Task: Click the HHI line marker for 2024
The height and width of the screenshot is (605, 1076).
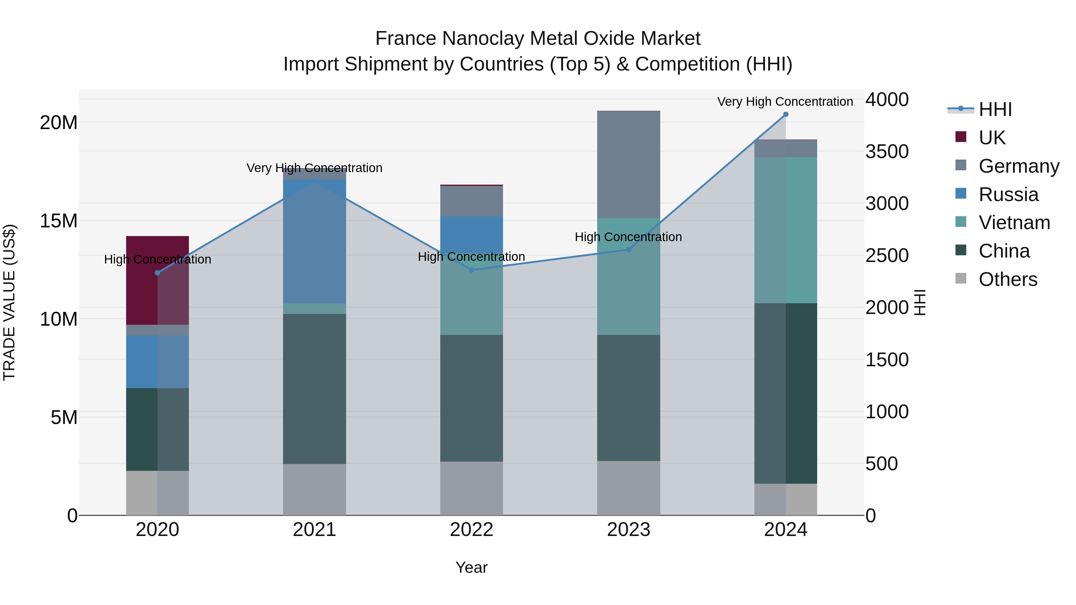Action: pyautogui.click(x=785, y=114)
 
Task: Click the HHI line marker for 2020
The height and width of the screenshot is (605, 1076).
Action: pyautogui.click(x=158, y=273)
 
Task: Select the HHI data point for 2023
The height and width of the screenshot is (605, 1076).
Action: pyautogui.click(x=628, y=250)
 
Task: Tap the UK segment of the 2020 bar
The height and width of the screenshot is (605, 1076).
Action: pyautogui.click(x=158, y=280)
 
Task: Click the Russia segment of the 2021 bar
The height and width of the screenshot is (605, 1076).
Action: pyautogui.click(x=314, y=242)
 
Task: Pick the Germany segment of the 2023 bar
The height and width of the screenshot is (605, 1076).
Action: pyautogui.click(x=628, y=165)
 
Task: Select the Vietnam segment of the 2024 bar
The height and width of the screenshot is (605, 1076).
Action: pyautogui.click(x=785, y=230)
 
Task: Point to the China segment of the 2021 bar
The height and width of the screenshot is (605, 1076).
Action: pyautogui.click(x=314, y=388)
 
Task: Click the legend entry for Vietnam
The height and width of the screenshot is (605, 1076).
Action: pyautogui.click(x=1014, y=223)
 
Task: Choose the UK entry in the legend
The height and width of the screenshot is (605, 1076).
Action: pyautogui.click(x=992, y=137)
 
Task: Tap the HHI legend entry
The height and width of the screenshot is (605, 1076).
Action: pyautogui.click(x=994, y=109)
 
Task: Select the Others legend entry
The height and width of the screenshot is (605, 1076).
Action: pyautogui.click(x=1008, y=279)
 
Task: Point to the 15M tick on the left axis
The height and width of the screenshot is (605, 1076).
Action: pyautogui.click(x=59, y=221)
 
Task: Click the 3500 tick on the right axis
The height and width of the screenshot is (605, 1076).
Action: pyautogui.click(x=887, y=151)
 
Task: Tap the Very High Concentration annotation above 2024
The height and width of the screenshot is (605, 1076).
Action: pyautogui.click(x=785, y=102)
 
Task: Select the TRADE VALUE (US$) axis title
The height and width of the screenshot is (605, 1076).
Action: pyautogui.click(x=9, y=302)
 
